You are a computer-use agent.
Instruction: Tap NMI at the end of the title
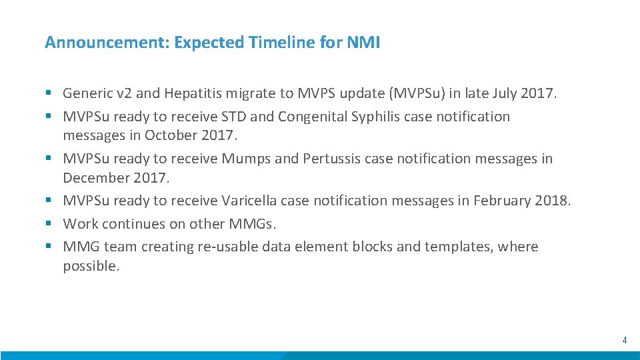(x=363, y=43)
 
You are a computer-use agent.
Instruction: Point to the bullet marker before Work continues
(x=49, y=224)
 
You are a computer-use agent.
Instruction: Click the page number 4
(x=624, y=340)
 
